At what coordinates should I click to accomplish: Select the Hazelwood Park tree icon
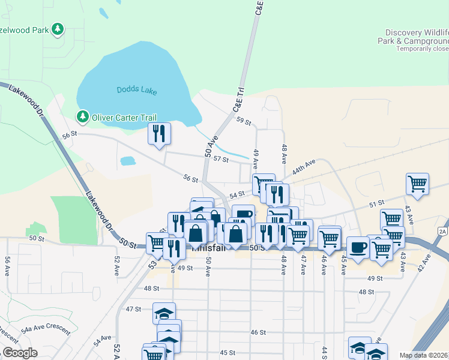point(58,29)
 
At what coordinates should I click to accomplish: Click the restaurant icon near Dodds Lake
point(159,133)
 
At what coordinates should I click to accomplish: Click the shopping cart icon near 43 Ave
point(417,183)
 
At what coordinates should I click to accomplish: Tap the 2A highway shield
point(443,230)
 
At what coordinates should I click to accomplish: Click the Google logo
point(20,353)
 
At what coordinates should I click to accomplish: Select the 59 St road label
point(243,121)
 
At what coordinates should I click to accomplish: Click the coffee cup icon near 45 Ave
point(358,247)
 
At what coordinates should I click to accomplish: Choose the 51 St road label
point(376,204)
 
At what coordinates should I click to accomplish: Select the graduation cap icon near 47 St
point(163,313)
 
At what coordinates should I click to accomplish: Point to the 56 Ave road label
point(8,266)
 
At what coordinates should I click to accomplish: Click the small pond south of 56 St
point(128,161)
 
